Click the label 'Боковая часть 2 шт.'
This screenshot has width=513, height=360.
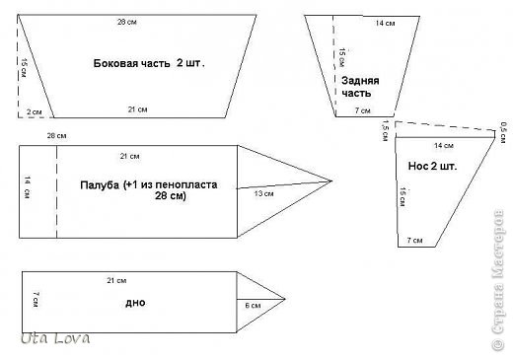pyautogui.click(x=155, y=62)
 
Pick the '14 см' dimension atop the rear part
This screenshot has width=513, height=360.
pyautogui.click(x=358, y=23)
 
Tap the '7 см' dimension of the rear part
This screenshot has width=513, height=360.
pyautogui.click(x=362, y=110)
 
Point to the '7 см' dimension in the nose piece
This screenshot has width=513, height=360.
pyautogui.click(x=413, y=241)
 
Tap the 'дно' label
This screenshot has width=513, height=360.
pyautogui.click(x=135, y=302)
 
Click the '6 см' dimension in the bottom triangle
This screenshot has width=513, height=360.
pyautogui.click(x=253, y=306)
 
